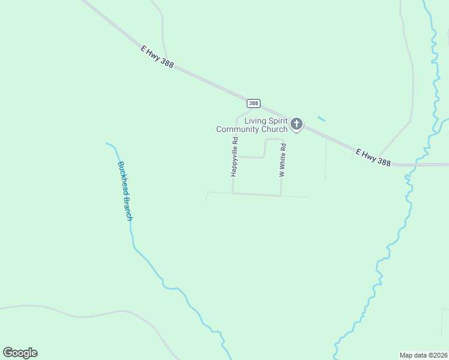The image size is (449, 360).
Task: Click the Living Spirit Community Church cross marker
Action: pyautogui.click(x=296, y=124)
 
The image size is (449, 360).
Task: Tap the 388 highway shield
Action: pyautogui.click(x=253, y=103)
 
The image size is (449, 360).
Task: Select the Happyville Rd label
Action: pyautogui.click(x=235, y=157)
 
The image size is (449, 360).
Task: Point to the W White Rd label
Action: pyautogui.click(x=282, y=160)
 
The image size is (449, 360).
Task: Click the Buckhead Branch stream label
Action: pyautogui.click(x=124, y=191)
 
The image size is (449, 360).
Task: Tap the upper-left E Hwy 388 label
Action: pyautogui.click(x=157, y=57)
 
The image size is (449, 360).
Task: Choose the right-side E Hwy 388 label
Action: pyautogui.click(x=373, y=158)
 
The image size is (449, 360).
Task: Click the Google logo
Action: pyautogui.click(x=20, y=353)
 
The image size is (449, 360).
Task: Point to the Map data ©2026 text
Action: pyautogui.click(x=424, y=355)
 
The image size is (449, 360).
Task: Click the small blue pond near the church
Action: pyautogui.click(x=321, y=119)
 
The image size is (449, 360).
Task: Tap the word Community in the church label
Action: pyautogui.click(x=238, y=130)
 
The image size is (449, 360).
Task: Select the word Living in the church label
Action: pyautogui.click(x=255, y=121)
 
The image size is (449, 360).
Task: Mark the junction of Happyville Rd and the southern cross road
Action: pyautogui.click(x=232, y=193)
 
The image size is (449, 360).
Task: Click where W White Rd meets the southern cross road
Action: pyautogui.click(x=281, y=196)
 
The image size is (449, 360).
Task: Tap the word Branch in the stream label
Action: pyautogui.click(x=127, y=209)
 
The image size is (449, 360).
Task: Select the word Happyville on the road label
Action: pyautogui.click(x=235, y=160)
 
